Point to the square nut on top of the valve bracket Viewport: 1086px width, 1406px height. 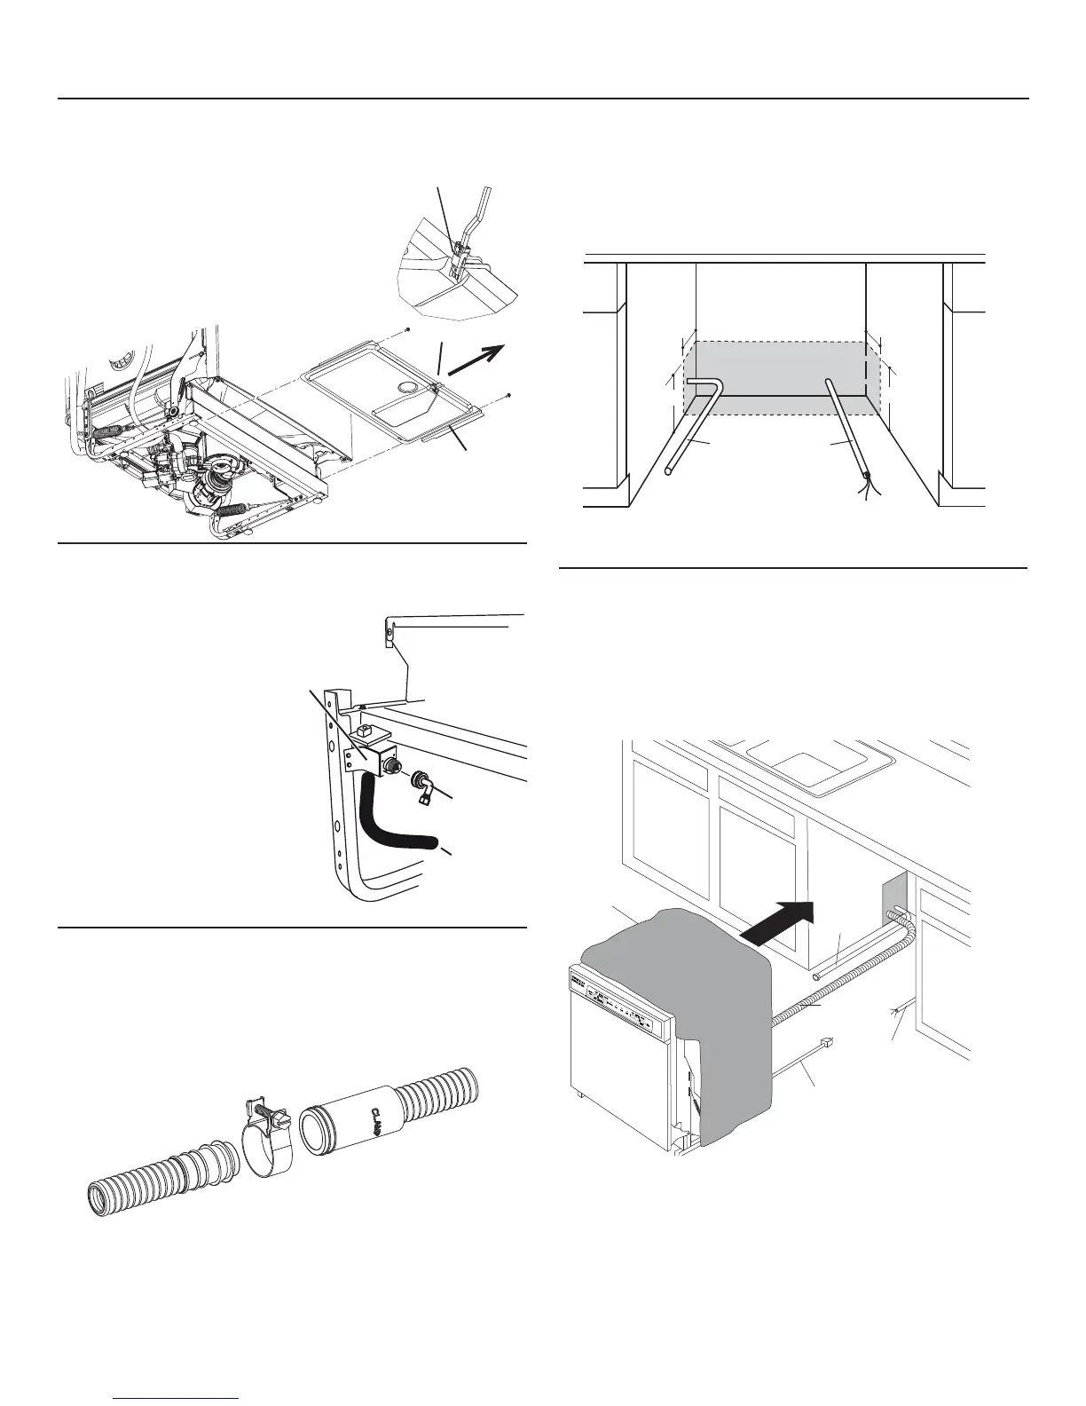364,733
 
